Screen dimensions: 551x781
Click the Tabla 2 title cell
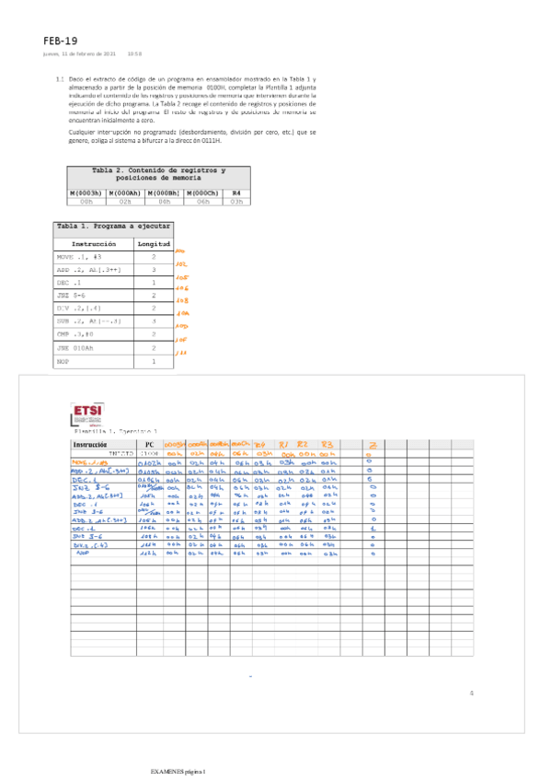pos(158,174)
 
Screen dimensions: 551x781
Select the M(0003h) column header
pos(86,192)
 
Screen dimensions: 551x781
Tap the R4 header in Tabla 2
pos(235,192)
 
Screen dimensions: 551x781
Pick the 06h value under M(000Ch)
pos(203,200)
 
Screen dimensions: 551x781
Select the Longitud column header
pos(154,244)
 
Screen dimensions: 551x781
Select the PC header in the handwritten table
pos(149,444)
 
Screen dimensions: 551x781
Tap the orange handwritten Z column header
pos(372,444)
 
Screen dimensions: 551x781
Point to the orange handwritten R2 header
pos(304,443)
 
